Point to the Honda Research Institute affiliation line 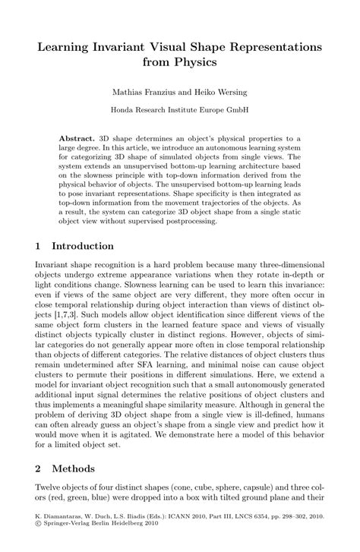tap(180, 109)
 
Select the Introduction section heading tap(85, 246)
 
